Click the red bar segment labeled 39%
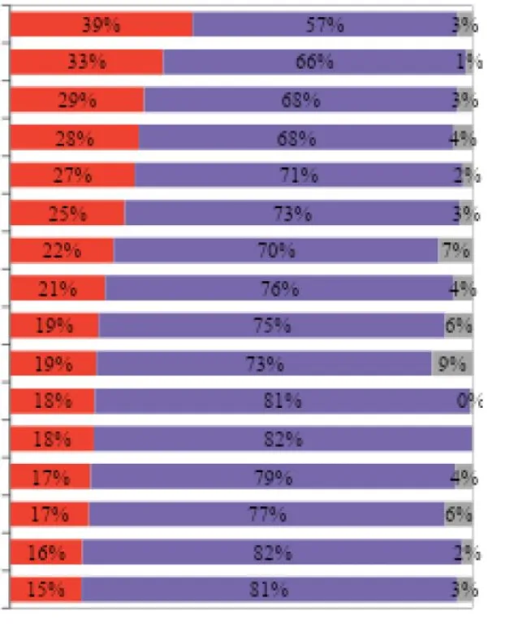click(101, 24)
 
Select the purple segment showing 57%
click(325, 24)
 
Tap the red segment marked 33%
click(87, 62)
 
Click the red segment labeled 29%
click(77, 100)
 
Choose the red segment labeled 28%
click(75, 137)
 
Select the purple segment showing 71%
click(296, 175)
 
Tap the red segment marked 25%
click(67, 213)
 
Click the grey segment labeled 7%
click(455, 250)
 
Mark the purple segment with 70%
click(276, 250)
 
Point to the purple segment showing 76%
click(278, 288)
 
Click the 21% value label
click(57, 288)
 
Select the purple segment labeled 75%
click(271, 325)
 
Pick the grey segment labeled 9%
click(451, 363)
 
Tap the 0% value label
click(470, 401)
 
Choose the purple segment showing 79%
click(272, 477)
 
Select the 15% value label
click(45, 590)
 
